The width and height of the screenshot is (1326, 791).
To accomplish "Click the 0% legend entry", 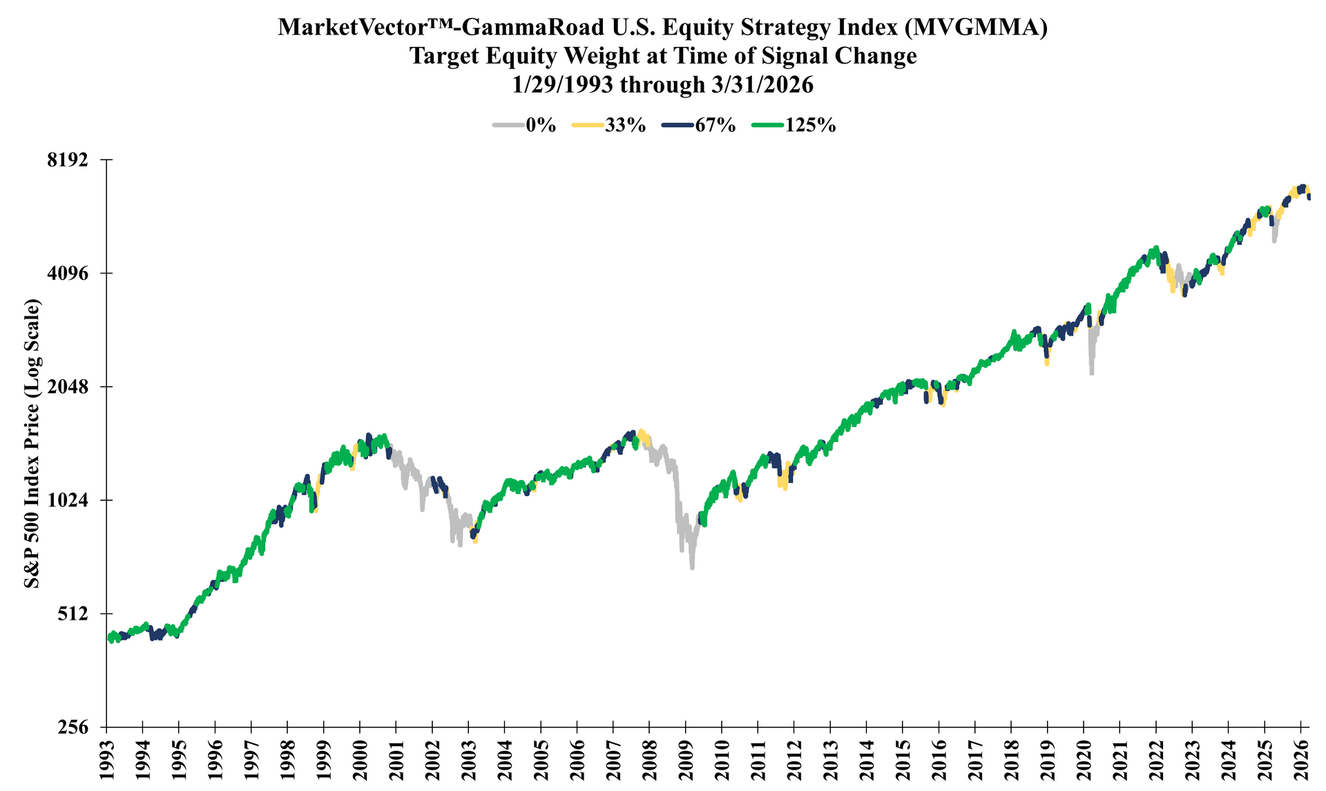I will [525, 125].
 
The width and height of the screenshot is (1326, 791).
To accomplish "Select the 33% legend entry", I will [609, 125].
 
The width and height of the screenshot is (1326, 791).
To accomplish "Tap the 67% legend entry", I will [698, 125].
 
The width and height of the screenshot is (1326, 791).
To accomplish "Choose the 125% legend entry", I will [792, 125].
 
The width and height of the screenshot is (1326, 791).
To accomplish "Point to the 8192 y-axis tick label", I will [70, 160].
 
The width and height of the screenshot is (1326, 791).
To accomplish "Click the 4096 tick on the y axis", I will [70, 274].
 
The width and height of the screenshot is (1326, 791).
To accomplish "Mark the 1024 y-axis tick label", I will [70, 500].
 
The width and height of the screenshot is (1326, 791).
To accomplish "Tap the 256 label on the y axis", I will [76, 727].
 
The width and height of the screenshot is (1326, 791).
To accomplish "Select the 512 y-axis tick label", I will [76, 613].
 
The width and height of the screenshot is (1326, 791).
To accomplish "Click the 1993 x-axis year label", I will [107, 760].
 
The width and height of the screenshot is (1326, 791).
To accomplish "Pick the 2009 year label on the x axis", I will [686, 760].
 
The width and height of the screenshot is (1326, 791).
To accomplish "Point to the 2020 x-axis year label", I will [1084, 760].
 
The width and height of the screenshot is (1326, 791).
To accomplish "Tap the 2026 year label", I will [1301, 760].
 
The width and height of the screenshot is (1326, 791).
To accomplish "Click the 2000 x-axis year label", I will [360, 760].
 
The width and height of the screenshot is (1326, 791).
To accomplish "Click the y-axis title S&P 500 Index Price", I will [32, 443].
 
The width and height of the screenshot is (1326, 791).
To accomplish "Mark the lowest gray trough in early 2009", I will [692, 567].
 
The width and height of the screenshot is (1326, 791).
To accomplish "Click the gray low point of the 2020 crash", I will [1091, 373].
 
